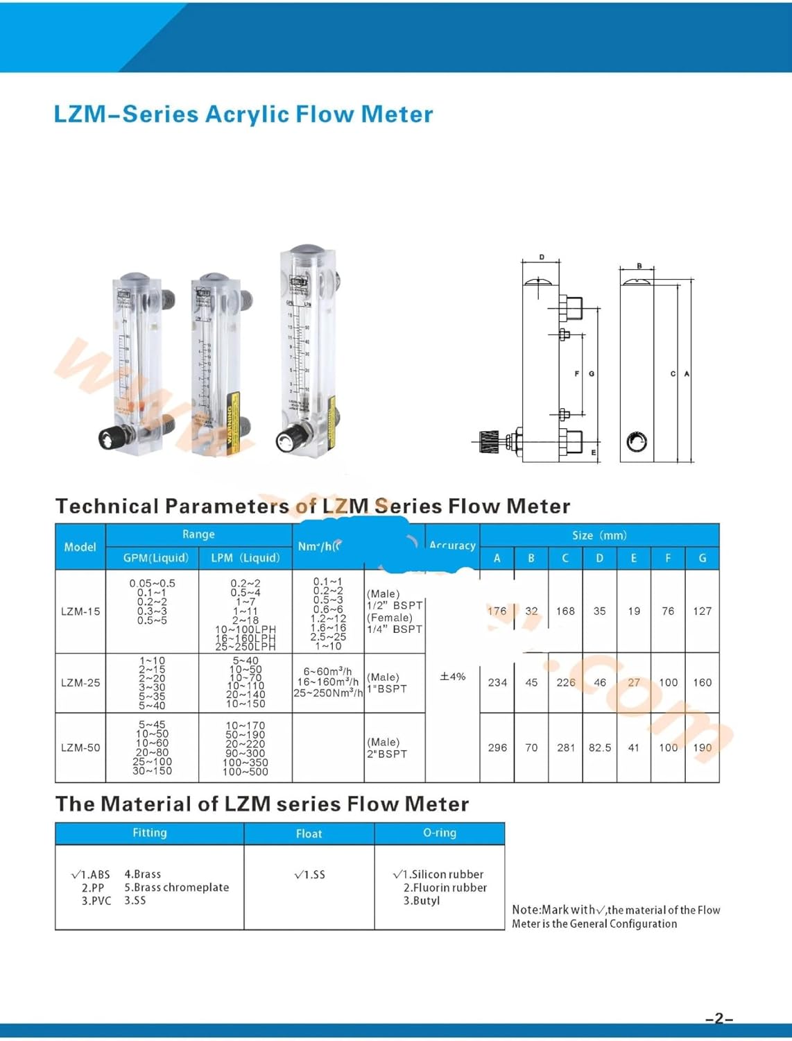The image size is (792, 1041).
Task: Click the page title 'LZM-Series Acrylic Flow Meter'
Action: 243,114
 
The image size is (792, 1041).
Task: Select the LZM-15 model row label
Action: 80,611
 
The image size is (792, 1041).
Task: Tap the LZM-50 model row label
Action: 80,747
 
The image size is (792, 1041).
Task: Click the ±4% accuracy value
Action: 453,676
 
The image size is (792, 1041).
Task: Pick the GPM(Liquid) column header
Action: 155,558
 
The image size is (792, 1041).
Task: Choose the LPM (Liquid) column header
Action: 246,558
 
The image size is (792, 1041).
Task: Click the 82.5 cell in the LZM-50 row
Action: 600,747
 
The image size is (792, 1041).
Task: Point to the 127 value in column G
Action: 702,611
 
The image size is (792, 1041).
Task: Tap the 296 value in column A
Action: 497,747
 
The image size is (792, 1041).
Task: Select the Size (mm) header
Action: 599,535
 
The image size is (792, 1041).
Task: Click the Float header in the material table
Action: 309,833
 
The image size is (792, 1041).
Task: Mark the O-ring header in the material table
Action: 440,833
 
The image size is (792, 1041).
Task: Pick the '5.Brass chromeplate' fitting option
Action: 177,888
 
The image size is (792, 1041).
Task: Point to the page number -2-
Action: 718,1019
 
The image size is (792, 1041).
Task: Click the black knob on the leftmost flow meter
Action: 110,438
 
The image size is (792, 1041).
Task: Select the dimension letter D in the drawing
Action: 542,257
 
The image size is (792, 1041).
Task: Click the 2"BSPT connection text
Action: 387,754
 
